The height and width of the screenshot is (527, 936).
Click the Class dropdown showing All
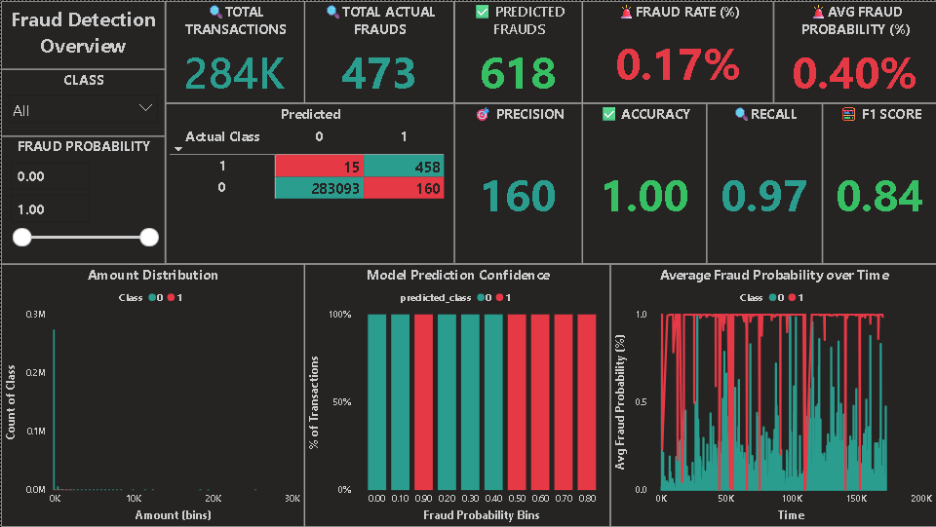[x=83, y=109]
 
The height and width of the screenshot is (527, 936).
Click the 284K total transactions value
[x=236, y=74]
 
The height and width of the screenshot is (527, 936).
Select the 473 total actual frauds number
[x=378, y=74]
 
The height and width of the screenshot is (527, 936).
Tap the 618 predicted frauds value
[x=518, y=74]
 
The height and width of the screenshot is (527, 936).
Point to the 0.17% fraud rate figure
[x=678, y=65]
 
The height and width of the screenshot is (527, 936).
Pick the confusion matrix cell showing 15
[x=319, y=167]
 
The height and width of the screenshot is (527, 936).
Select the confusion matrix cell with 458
[x=404, y=167]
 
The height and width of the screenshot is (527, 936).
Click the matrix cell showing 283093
[x=319, y=187]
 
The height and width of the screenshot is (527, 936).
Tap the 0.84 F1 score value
[x=879, y=197]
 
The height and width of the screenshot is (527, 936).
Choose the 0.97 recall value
[x=764, y=197]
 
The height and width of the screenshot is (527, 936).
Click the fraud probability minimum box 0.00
[x=50, y=176]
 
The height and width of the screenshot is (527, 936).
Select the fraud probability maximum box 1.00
[x=50, y=209]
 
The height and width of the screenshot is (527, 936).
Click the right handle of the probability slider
[x=149, y=237]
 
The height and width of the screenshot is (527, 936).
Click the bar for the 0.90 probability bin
[x=425, y=401]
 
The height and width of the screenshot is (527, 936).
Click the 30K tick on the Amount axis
[x=292, y=498]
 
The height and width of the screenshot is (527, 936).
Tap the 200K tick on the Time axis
[x=920, y=498]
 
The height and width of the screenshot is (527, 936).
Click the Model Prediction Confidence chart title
[x=458, y=276]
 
